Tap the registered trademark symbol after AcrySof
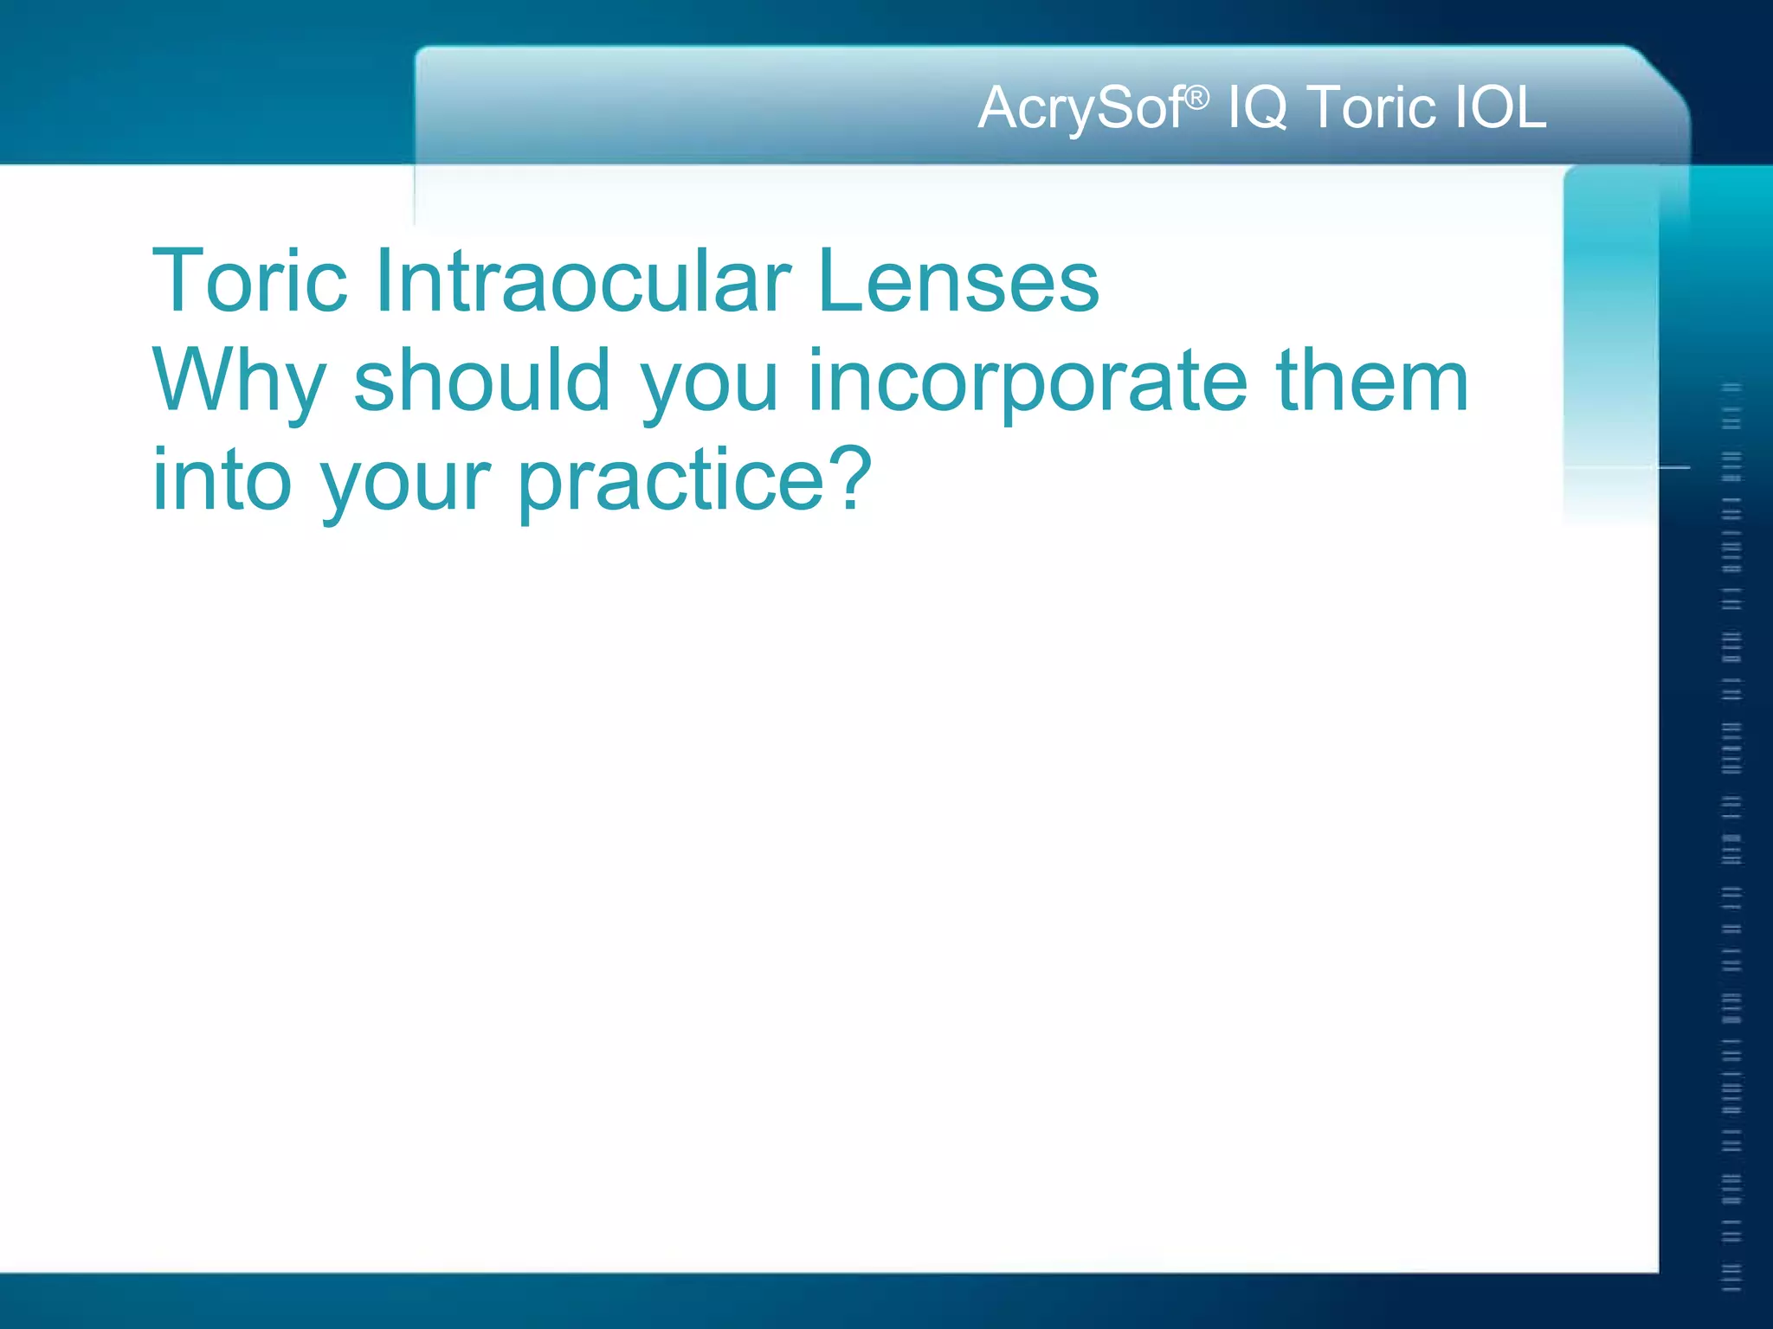pos(1196,99)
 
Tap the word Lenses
pos(958,282)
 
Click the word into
pos(222,479)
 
